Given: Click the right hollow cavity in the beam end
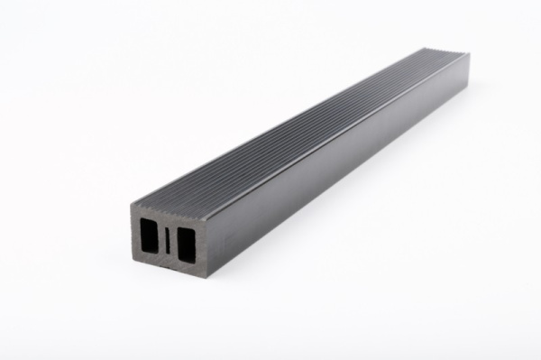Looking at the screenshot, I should point(186,241).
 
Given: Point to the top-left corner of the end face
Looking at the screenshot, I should point(131,206).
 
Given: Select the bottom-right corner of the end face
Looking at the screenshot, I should point(206,273).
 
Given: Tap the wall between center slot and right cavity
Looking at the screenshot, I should point(173,240).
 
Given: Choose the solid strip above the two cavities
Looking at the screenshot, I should point(169,217).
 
